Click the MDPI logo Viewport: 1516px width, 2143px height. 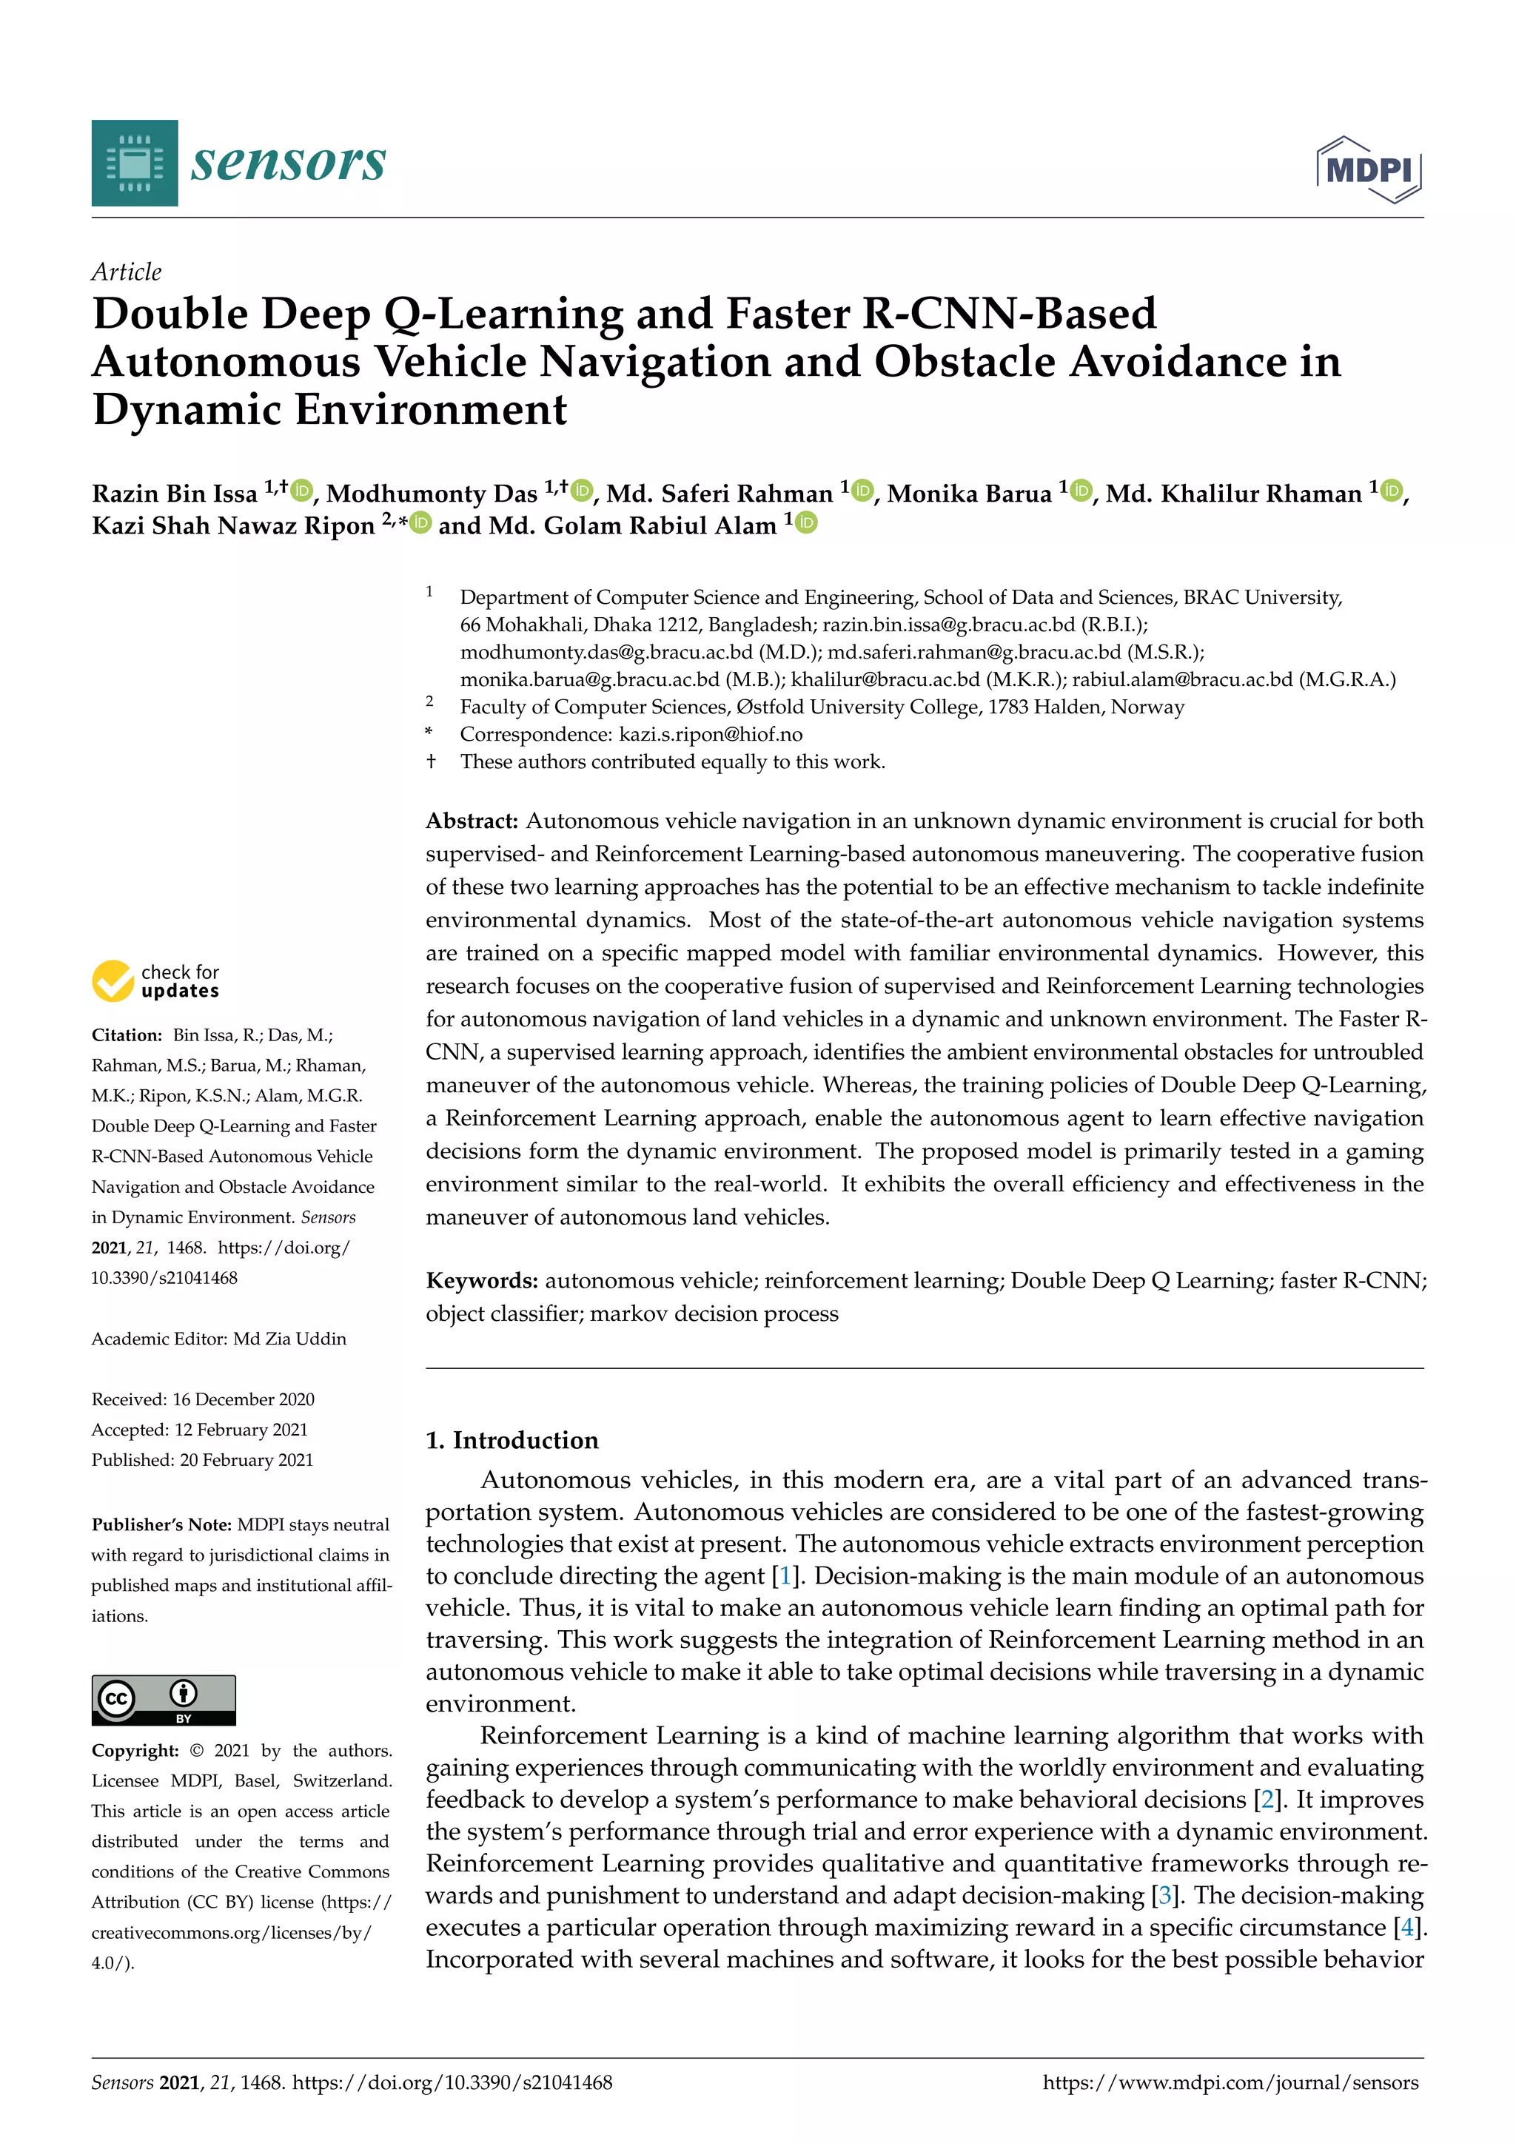[1369, 170]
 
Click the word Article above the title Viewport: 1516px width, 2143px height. [126, 272]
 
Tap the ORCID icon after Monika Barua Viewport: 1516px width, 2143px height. [1081, 490]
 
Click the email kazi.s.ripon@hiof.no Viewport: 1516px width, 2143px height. [711, 735]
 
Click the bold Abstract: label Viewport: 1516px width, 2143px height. [472, 821]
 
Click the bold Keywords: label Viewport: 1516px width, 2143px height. [482, 1281]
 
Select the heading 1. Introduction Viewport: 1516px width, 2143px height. [512, 1440]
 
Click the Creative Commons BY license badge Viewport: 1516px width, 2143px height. [164, 1700]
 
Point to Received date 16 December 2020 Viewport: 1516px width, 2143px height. [203, 1399]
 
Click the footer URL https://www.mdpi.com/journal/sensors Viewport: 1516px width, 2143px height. [1230, 2082]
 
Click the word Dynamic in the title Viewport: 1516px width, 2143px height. [187, 410]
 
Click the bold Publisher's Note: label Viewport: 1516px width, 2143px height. [161, 1524]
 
